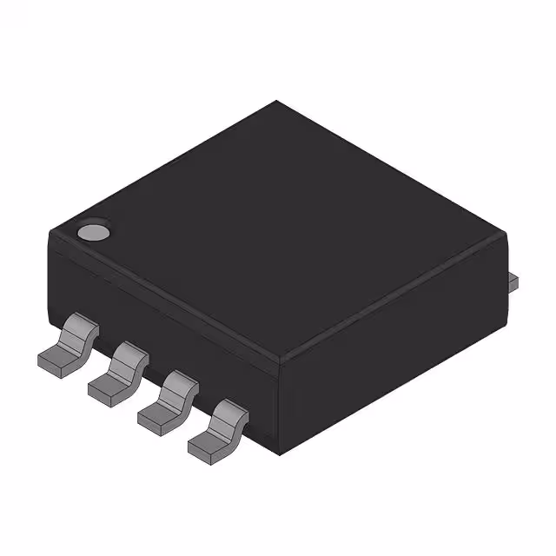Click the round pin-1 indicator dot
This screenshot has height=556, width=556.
pos(92,232)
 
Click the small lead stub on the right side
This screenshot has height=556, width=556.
pos(513,281)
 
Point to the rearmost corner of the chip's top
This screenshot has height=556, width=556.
pos(276,102)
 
